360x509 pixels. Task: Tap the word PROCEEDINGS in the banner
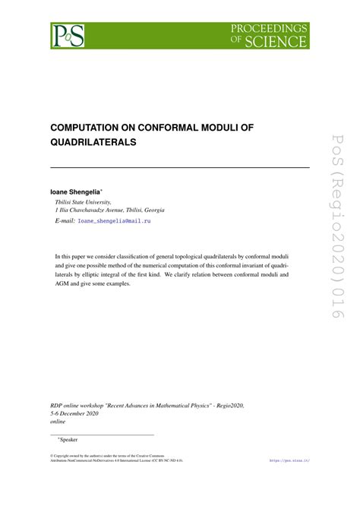270,28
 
